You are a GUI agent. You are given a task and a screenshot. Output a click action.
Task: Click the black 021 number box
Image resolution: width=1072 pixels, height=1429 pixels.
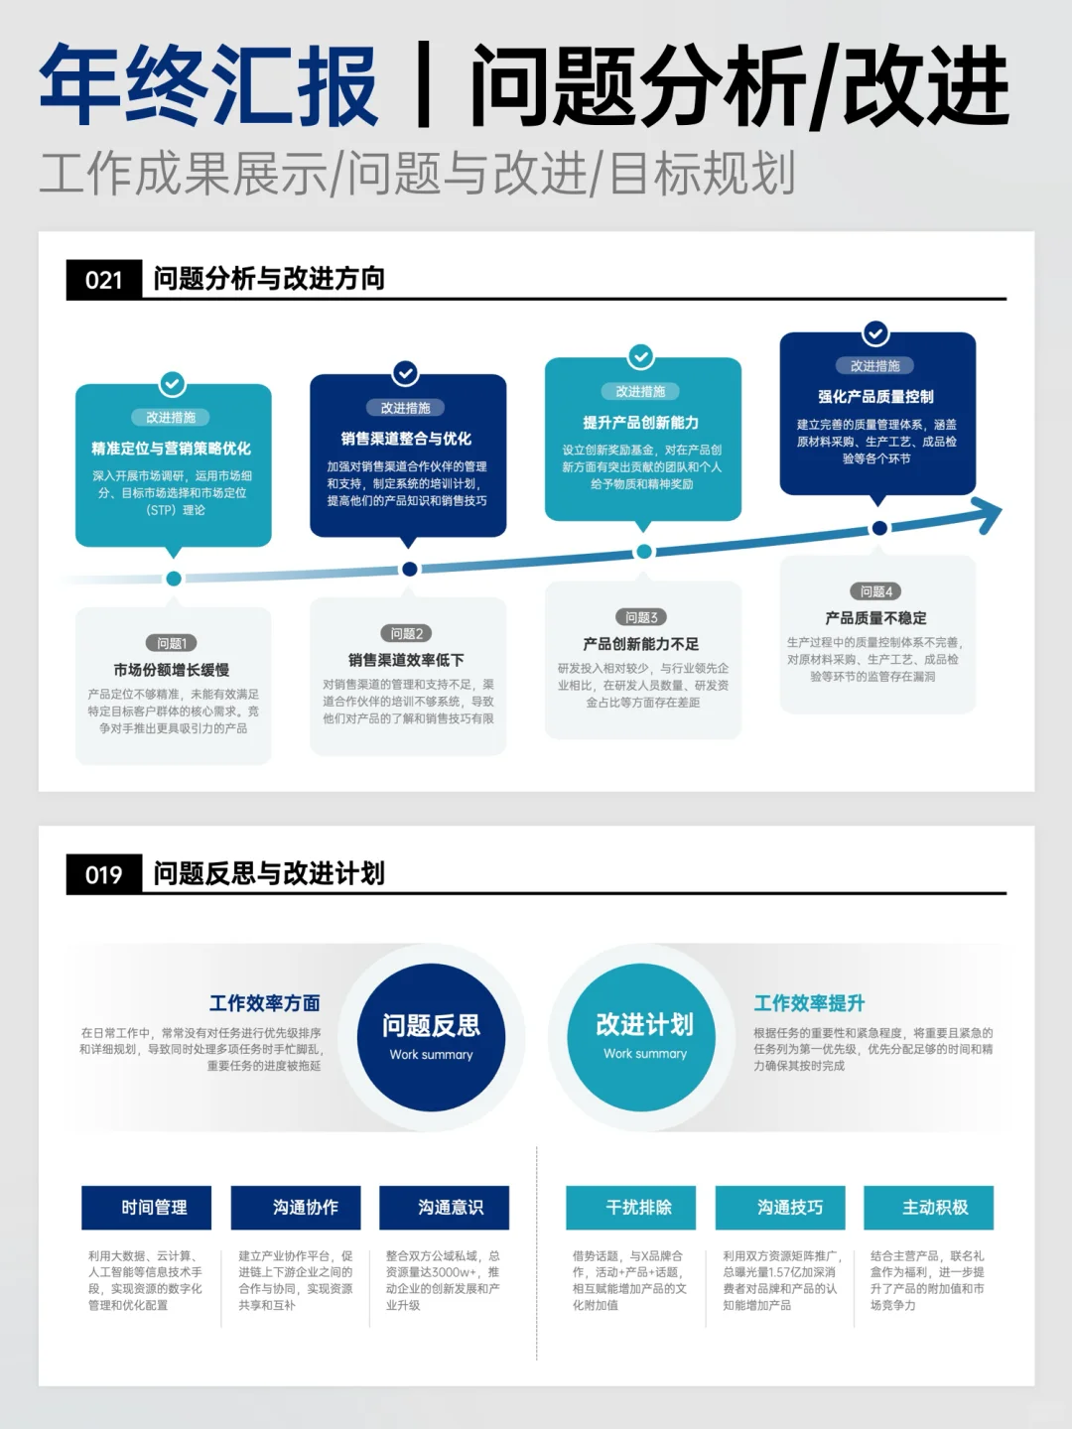[104, 280]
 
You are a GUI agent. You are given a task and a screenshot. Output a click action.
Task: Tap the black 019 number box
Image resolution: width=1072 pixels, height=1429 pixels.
[104, 874]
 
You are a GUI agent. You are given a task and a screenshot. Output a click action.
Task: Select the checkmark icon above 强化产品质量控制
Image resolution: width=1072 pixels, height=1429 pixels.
[875, 333]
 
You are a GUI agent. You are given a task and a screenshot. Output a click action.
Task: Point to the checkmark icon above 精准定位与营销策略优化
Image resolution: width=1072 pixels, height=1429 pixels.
[173, 384]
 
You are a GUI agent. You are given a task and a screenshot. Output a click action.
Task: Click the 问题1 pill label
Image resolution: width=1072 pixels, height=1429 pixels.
[172, 643]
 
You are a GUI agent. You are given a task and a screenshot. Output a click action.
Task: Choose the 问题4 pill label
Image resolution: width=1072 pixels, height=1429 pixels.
[876, 591]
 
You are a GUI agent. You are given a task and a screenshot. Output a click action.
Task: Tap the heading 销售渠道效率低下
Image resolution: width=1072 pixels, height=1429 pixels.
[406, 660]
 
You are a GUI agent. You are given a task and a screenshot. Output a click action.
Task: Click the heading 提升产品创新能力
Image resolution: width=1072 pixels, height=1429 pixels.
[641, 423]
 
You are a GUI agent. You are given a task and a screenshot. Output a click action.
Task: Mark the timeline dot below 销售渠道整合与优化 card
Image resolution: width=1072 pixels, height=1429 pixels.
[409, 569]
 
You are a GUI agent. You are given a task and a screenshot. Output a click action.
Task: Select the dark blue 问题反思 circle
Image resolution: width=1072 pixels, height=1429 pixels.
[431, 1037]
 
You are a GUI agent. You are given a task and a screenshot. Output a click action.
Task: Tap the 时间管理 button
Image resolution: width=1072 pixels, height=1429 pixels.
[147, 1208]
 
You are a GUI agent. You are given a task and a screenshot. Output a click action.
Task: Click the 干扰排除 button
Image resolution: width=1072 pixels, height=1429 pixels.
[630, 1208]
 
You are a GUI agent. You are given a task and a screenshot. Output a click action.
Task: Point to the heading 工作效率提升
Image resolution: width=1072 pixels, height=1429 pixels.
[809, 1003]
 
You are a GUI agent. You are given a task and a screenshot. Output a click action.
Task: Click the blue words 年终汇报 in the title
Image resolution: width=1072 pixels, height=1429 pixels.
[209, 86]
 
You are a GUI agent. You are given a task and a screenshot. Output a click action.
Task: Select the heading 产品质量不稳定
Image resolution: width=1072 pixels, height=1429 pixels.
[875, 617]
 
